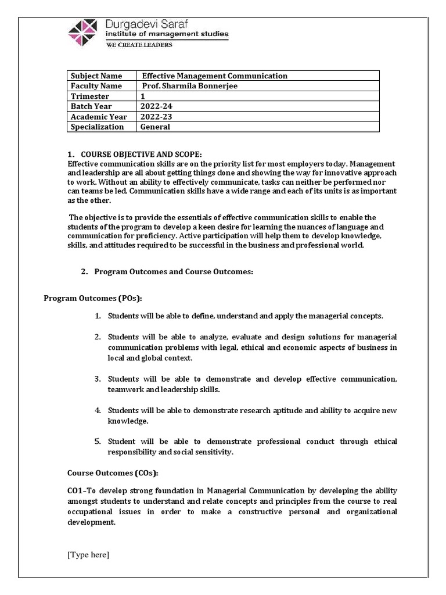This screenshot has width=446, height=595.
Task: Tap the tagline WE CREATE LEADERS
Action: [x=138, y=45]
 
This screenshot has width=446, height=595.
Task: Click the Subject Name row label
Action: [x=96, y=76]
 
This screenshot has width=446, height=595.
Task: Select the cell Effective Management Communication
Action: [x=215, y=76]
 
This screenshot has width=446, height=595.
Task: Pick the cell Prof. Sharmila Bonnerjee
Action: [x=190, y=86]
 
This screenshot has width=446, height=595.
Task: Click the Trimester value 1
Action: [x=143, y=96]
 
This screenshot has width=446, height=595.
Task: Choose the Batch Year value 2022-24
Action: [x=155, y=106]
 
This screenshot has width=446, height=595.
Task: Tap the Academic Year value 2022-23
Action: [x=155, y=117]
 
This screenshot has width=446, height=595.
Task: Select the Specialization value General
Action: [x=156, y=127]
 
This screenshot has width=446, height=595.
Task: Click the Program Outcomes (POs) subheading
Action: [x=93, y=298]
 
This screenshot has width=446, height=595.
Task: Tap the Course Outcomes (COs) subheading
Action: [x=113, y=472]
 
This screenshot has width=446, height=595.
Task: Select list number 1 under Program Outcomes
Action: [x=98, y=316]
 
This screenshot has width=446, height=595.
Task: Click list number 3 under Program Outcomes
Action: [x=98, y=379]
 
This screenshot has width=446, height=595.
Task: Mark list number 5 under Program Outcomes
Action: [x=98, y=442]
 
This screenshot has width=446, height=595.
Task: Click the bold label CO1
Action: [x=76, y=491]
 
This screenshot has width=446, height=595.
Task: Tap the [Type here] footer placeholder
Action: [x=88, y=555]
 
